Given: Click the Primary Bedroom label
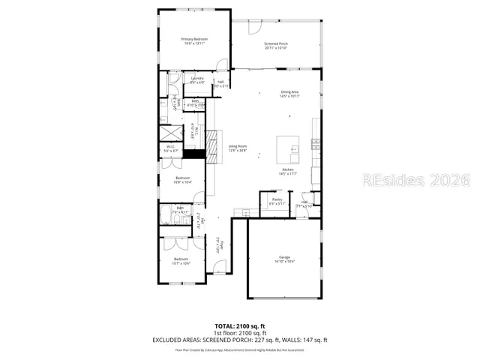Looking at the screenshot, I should (x=194, y=40).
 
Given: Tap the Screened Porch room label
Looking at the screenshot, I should (x=275, y=46).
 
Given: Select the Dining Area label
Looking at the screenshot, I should (x=289, y=94).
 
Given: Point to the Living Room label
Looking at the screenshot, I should (x=238, y=148).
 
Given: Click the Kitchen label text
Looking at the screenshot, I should (x=287, y=172).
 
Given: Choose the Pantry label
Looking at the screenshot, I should (x=277, y=202).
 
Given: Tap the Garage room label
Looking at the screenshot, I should (x=284, y=259).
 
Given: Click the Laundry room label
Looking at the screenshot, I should (x=197, y=79).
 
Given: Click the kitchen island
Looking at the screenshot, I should (x=288, y=148).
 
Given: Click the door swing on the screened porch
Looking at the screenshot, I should (x=254, y=27).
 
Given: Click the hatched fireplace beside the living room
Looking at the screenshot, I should (x=195, y=154).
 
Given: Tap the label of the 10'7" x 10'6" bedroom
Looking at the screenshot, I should (x=182, y=260).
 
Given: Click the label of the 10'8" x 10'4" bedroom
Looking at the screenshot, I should (x=182, y=180).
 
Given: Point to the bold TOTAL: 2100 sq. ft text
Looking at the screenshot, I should (x=240, y=326).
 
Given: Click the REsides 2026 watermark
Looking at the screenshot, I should (x=415, y=180).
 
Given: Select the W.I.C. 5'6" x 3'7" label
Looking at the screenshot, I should (x=170, y=148).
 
